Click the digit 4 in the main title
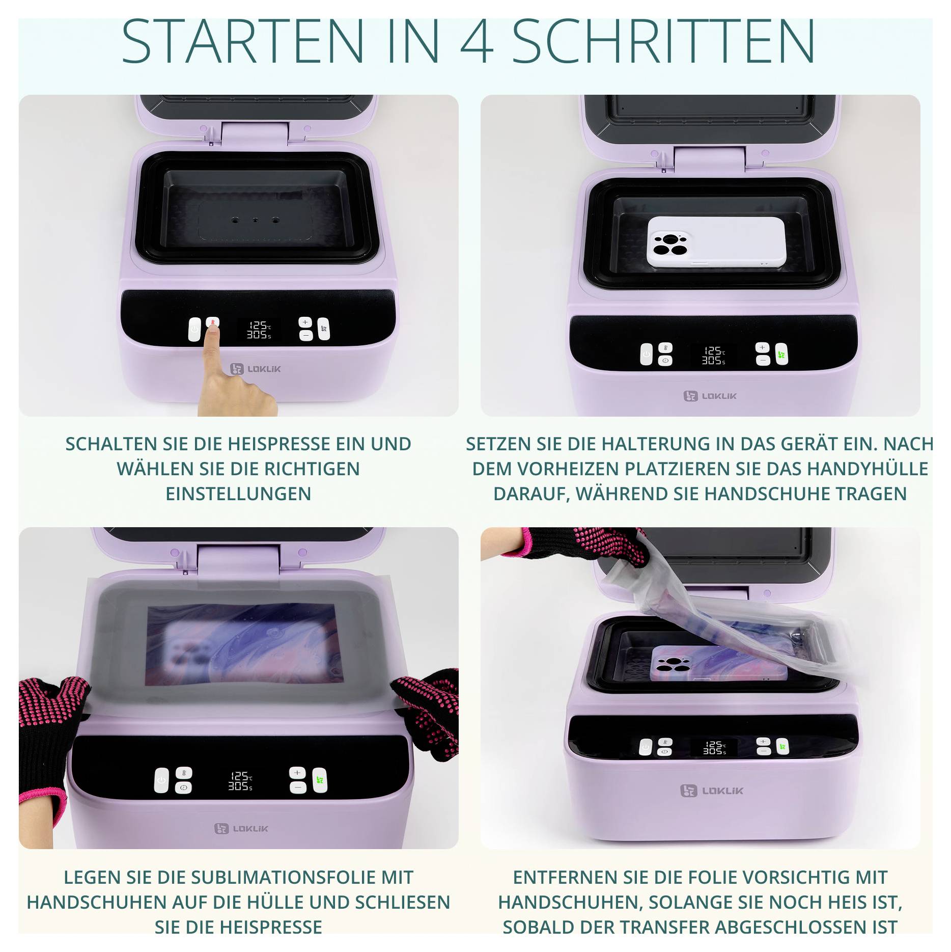coord(477,42)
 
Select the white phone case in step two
coord(716,241)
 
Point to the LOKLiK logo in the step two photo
coord(710,396)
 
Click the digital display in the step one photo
coord(259,330)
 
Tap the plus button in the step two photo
coord(762,347)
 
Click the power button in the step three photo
coord(161,780)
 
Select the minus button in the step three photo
coord(298,787)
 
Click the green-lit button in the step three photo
coord(320,780)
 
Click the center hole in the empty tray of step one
coord(255,221)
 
